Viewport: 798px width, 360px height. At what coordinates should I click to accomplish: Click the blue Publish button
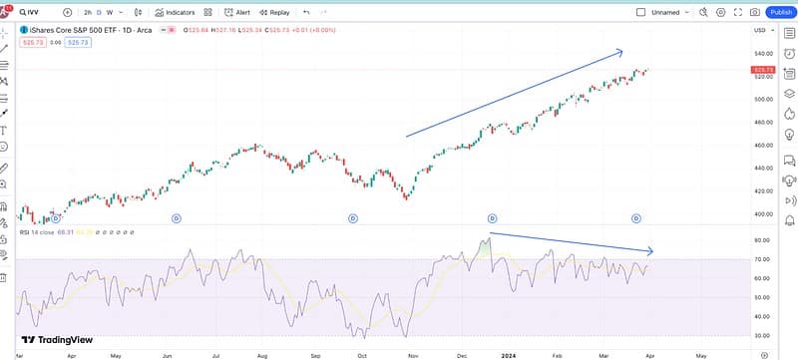tap(781, 12)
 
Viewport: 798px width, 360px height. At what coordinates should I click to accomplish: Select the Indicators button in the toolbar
tap(175, 12)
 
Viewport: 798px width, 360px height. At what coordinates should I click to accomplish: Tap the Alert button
tap(237, 12)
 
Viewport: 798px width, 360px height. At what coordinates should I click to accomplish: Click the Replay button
tap(274, 12)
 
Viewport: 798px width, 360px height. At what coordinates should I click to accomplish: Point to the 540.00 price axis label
tap(765, 53)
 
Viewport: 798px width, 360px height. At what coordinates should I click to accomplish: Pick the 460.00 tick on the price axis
tap(765, 146)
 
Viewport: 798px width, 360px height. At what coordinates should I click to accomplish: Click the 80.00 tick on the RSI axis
tap(764, 240)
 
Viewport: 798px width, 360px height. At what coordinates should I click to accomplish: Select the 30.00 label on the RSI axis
tap(764, 336)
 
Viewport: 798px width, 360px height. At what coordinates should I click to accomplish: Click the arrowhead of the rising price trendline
tap(619, 52)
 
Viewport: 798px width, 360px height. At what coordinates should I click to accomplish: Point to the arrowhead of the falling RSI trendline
tap(649, 250)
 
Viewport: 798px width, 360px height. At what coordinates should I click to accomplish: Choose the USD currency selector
tap(760, 32)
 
